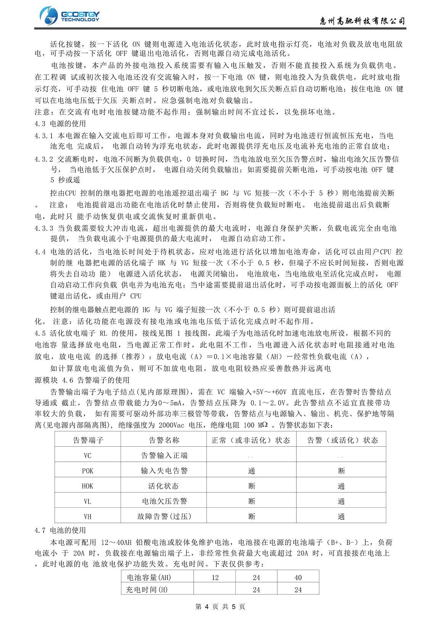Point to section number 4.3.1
point(44,136)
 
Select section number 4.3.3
point(44,228)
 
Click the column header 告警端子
point(88,440)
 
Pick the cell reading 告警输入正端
point(164,455)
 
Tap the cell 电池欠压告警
point(164,501)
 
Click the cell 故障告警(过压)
point(164,517)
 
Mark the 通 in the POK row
point(252,471)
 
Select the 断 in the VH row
point(252,517)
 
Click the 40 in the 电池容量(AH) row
point(298,578)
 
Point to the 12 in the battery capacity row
point(215,578)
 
